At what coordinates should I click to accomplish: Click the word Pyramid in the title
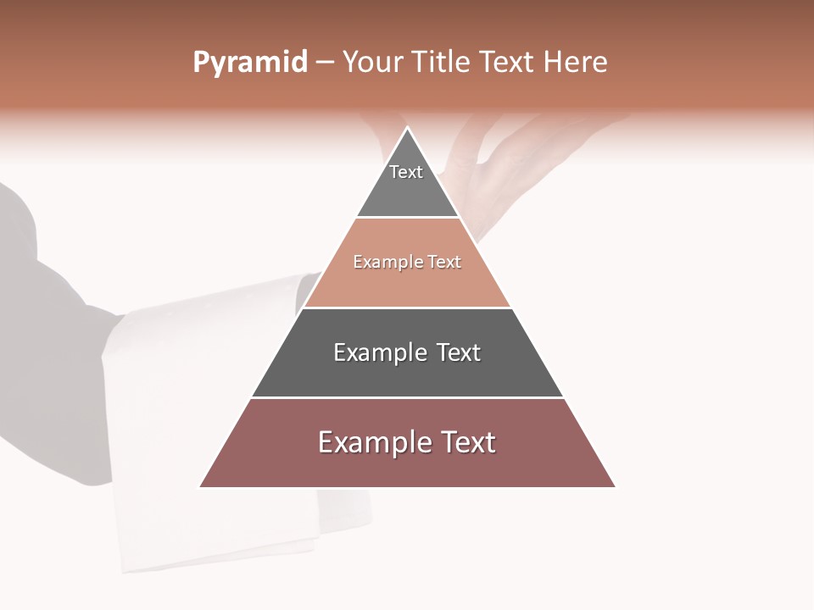(x=250, y=63)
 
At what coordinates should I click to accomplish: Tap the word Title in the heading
(x=441, y=63)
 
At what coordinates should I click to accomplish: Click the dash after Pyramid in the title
(x=325, y=63)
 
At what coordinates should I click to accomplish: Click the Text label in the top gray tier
(x=406, y=172)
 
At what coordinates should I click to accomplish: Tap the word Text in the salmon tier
(x=445, y=263)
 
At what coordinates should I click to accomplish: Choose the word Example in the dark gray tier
(x=378, y=352)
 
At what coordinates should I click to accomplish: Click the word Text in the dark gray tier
(x=459, y=352)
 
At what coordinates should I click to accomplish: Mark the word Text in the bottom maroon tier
(x=468, y=442)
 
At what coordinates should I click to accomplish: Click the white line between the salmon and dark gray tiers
(x=407, y=308)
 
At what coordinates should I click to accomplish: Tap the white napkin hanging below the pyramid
(x=212, y=525)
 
